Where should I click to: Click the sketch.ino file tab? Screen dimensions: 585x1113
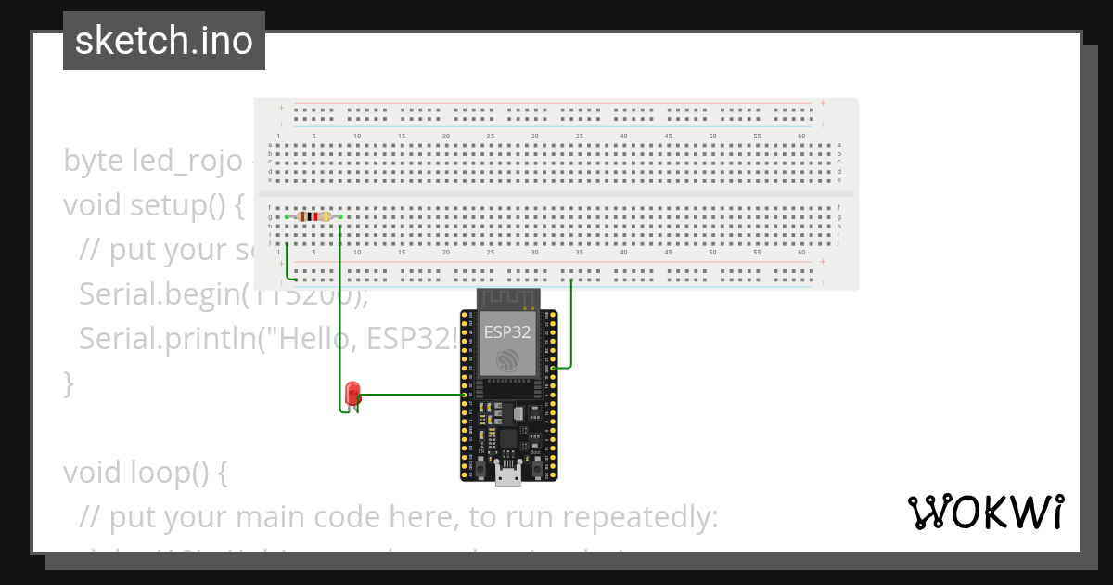coord(164,41)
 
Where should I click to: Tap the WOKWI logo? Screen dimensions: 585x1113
coord(985,512)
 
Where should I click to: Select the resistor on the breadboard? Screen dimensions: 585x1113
coord(314,216)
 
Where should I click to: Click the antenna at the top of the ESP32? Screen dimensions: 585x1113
coord(507,298)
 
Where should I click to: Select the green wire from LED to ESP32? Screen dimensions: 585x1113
coord(413,395)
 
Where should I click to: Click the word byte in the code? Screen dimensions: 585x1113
coord(93,161)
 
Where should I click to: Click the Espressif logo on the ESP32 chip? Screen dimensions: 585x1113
coord(507,360)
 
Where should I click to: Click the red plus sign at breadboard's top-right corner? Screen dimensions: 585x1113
coord(823,103)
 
